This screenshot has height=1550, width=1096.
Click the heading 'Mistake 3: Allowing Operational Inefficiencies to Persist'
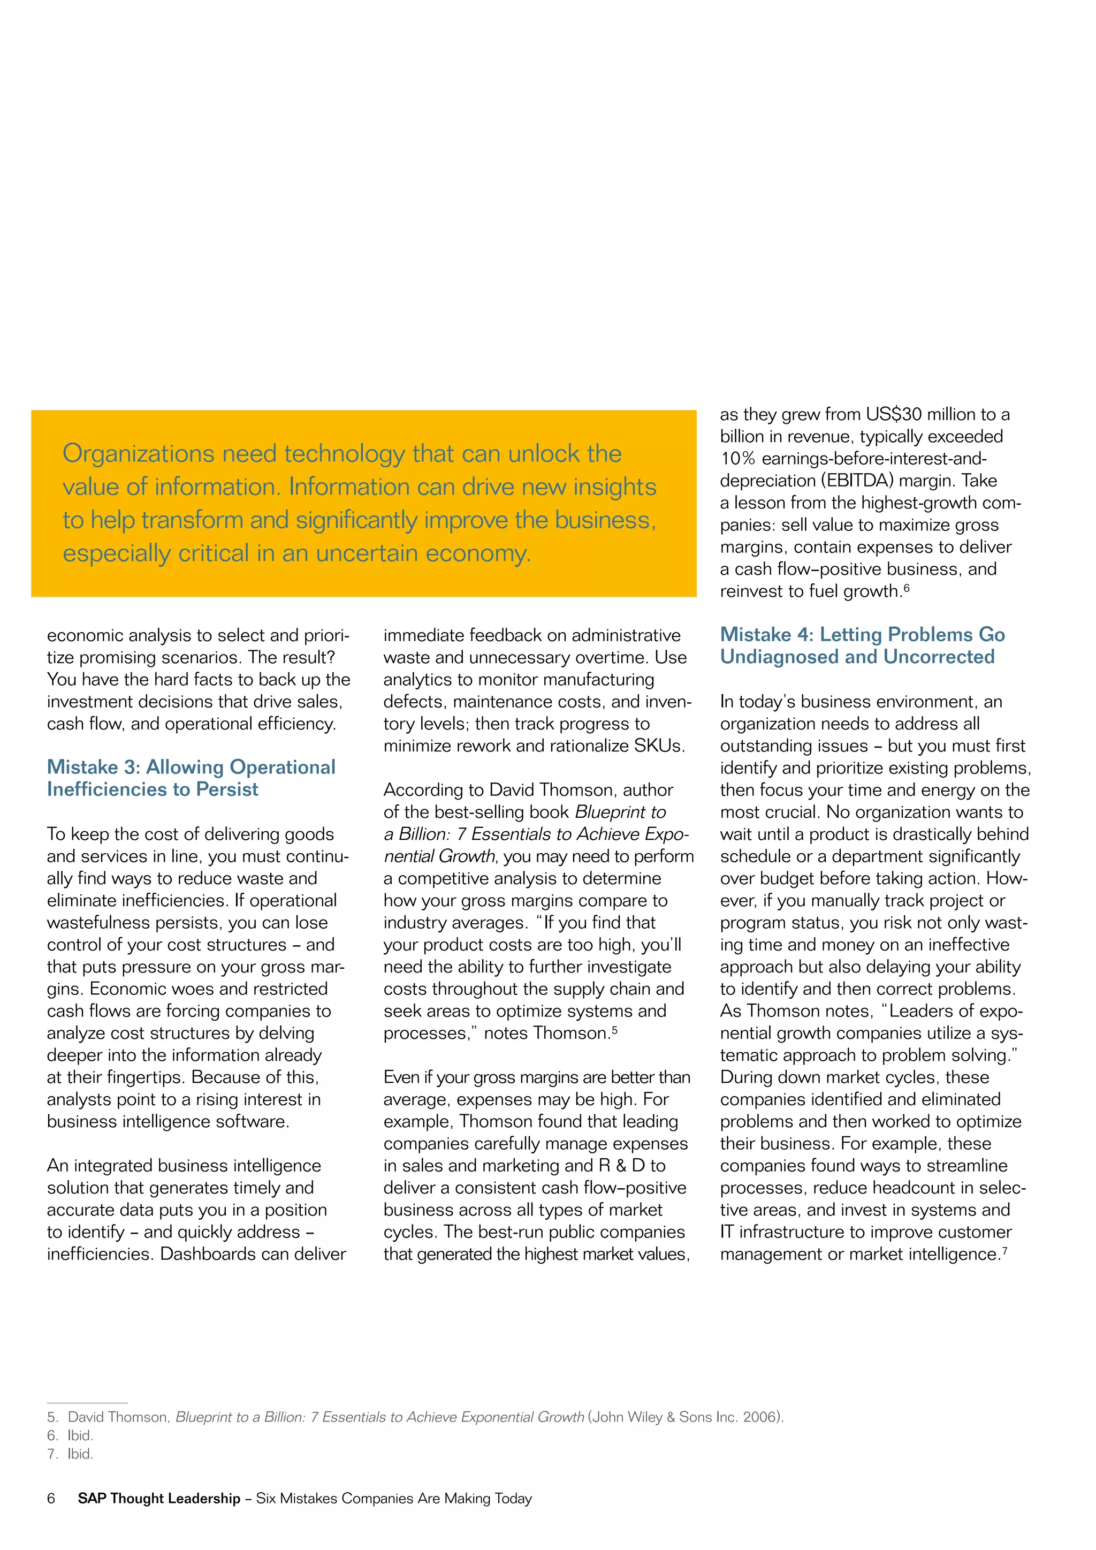pos(191,778)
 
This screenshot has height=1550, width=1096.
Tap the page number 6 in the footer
pos(51,1498)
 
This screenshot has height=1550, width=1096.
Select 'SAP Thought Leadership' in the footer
pos(158,1498)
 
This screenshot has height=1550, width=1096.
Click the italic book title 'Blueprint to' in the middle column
pos(620,812)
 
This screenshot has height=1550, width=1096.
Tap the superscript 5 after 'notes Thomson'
pos(615,1030)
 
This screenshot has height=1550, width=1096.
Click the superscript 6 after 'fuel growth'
pos(907,588)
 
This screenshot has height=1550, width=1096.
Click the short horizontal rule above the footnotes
pos(87,1402)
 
